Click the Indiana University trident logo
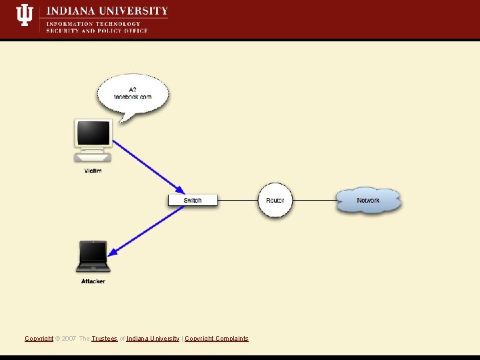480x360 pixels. click(25, 15)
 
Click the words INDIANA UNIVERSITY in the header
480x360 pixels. click(107, 11)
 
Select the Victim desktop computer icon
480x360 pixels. click(93, 140)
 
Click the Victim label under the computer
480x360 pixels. click(93, 171)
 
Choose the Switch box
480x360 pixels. click(193, 200)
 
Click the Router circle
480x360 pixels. click(275, 200)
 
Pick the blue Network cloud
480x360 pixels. click(368, 200)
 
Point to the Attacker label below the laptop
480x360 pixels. click(93, 281)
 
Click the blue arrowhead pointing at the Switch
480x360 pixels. click(179, 189)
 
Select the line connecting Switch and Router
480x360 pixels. click(238, 200)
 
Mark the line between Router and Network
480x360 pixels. click(314, 200)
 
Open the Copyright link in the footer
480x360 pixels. click(39, 339)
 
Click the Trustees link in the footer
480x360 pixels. click(104, 339)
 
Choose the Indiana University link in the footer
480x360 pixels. click(153, 339)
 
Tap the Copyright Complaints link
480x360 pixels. click(216, 339)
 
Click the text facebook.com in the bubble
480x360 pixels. click(133, 97)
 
